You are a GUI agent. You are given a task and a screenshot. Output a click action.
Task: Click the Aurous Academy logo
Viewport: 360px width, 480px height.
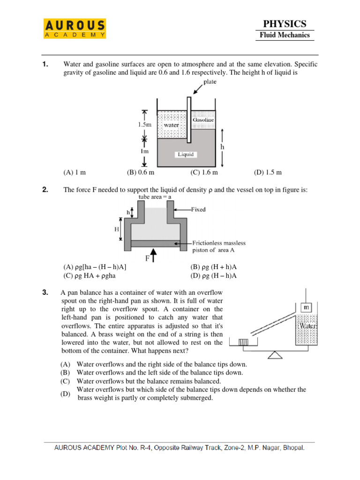pos(75,29)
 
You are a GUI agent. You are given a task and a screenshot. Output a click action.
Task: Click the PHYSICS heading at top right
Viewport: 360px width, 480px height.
pos(285,23)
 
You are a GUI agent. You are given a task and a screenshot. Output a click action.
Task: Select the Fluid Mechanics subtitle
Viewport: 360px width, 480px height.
pos(285,35)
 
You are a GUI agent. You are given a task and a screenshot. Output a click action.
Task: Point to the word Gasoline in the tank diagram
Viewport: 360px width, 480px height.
pos(203,120)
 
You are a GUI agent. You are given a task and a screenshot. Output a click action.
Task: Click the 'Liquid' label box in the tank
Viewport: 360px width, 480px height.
pos(185,154)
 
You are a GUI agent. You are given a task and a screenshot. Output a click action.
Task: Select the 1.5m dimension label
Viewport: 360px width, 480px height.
pos(144,125)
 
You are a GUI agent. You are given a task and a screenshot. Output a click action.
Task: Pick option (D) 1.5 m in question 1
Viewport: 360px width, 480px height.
pos(268,172)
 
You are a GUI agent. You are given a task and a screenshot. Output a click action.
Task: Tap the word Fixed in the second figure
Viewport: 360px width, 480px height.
pos(198,210)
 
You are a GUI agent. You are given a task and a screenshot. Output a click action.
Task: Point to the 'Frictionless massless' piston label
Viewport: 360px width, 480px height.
pos(219,243)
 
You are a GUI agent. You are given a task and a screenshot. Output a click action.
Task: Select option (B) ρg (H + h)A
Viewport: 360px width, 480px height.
pos(213,267)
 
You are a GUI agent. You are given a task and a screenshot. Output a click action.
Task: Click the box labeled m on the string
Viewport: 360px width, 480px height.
pos(306,307)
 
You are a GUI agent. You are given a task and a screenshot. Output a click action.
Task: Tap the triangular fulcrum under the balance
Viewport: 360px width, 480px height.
pos(276,355)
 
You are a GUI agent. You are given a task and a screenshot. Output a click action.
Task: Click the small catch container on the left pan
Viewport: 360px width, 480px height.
pos(243,343)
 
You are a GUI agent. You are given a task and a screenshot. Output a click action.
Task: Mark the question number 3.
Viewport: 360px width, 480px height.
pos(45,293)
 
